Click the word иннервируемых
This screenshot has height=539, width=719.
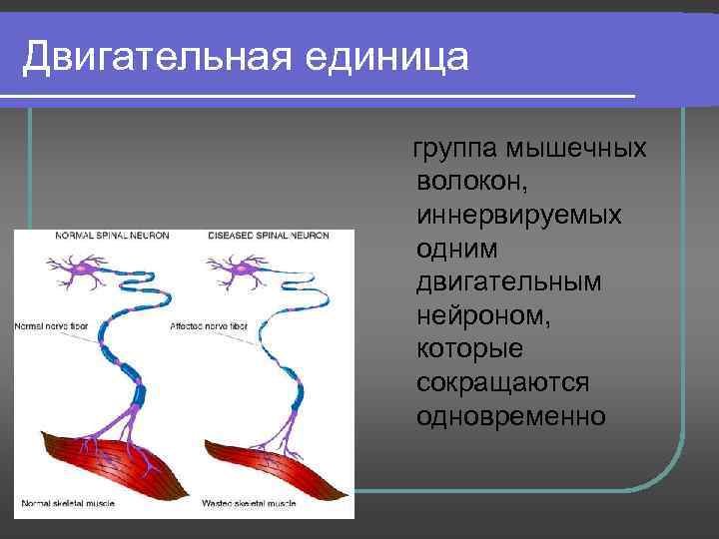(x=519, y=216)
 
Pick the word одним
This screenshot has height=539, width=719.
(x=458, y=249)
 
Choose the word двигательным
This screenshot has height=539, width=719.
(x=509, y=282)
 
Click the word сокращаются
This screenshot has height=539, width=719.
(x=503, y=382)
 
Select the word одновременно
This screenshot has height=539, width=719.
(x=511, y=415)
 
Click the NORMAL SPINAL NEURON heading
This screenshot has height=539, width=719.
(x=111, y=237)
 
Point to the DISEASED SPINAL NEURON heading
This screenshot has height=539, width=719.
(x=268, y=237)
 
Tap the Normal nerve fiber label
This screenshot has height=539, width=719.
(x=52, y=326)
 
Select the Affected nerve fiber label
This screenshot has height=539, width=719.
(x=209, y=326)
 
